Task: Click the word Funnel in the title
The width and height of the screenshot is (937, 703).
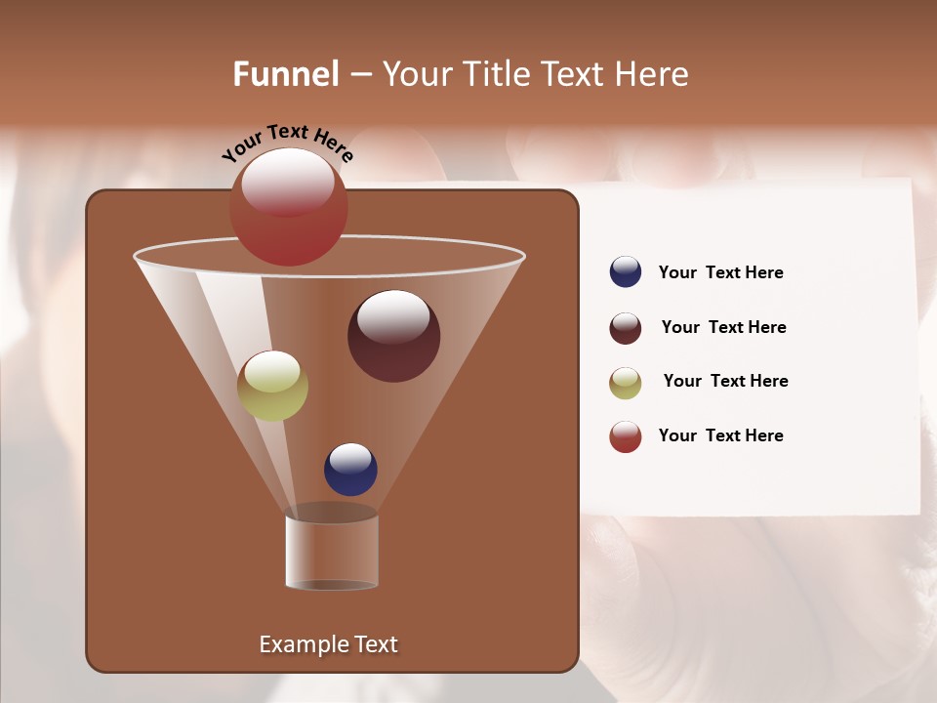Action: (x=285, y=74)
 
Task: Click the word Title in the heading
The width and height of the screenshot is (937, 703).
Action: (x=496, y=74)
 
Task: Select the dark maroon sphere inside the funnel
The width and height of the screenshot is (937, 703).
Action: (x=393, y=337)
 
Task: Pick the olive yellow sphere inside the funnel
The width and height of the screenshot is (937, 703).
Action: (x=272, y=387)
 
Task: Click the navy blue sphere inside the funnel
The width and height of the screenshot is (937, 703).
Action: (x=350, y=470)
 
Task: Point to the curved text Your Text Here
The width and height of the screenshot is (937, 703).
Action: (x=287, y=142)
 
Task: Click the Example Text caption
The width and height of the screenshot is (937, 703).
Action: (x=328, y=644)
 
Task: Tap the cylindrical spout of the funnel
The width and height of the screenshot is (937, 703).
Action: (x=332, y=552)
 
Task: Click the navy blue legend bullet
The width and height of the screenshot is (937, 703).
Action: (x=626, y=272)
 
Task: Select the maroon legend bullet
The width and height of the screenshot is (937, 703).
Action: (x=626, y=328)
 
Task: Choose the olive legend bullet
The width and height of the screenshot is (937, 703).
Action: (x=626, y=383)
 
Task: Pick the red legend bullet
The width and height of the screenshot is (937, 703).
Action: (x=626, y=436)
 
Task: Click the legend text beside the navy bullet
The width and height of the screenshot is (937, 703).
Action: (x=720, y=272)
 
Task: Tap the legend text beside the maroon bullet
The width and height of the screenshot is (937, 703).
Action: (x=723, y=327)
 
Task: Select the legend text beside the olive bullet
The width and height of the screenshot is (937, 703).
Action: (x=725, y=381)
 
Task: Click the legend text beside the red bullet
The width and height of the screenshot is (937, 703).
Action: (x=720, y=435)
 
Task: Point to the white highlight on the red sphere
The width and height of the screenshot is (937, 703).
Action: (x=288, y=182)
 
